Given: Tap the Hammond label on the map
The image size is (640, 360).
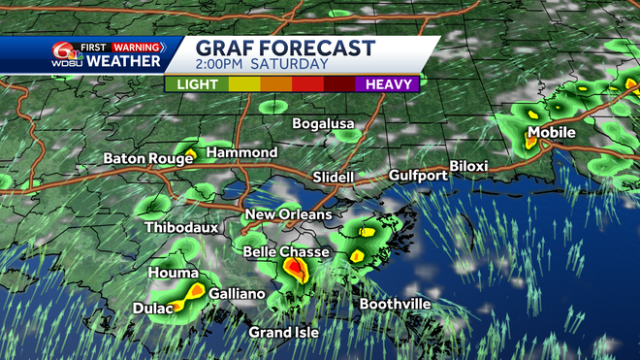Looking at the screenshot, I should pos(242,153).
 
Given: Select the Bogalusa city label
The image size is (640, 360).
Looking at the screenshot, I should pos(324,124).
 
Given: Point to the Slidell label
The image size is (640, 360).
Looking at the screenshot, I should pos(334,178).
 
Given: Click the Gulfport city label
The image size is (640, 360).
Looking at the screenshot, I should pos(418,176).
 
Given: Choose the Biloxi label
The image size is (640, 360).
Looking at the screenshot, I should pos(469,166).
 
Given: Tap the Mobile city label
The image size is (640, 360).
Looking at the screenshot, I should pos(552,133).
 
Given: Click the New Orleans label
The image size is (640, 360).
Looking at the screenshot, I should pos(288,214).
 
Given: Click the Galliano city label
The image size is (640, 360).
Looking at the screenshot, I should pos(238,293).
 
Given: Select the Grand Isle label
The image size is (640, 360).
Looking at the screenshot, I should pos(283,333).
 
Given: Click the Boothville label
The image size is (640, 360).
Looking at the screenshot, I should pos(396,305).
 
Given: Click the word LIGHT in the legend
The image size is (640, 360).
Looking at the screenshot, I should pos(196,84).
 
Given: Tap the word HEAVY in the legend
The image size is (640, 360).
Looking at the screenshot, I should pos(391,84).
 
